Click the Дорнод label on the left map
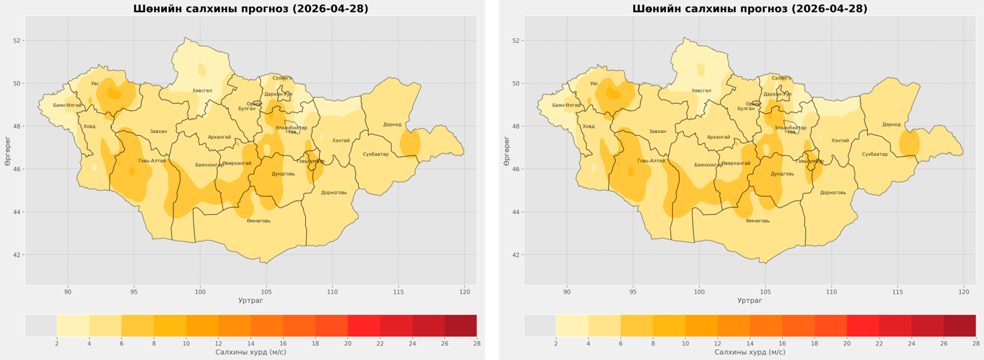point(392,124)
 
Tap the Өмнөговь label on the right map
point(758,221)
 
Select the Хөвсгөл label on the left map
point(202,91)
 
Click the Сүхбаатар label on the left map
point(375,154)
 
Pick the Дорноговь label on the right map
point(833,192)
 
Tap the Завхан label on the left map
point(159,131)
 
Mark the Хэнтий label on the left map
point(341,140)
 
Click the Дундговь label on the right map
point(782,173)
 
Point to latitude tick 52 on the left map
point(17,41)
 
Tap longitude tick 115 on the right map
point(898,292)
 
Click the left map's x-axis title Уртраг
point(250,301)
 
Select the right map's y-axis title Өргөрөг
point(507,151)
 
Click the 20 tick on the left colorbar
point(347,343)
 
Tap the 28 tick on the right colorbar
point(975,343)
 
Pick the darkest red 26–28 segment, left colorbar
point(460,326)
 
